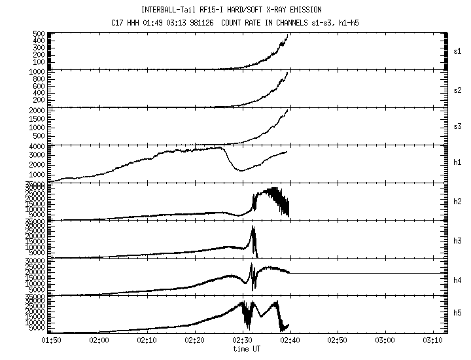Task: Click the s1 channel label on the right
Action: [458, 50]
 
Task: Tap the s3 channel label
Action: [458, 126]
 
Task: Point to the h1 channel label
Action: [458, 163]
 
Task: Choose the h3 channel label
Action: [458, 238]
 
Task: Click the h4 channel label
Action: [458, 276]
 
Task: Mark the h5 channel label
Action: [458, 314]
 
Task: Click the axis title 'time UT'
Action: [247, 348]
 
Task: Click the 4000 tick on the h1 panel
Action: [36, 146]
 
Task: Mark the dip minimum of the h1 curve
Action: [241, 170]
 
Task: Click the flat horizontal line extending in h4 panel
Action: [366, 273]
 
